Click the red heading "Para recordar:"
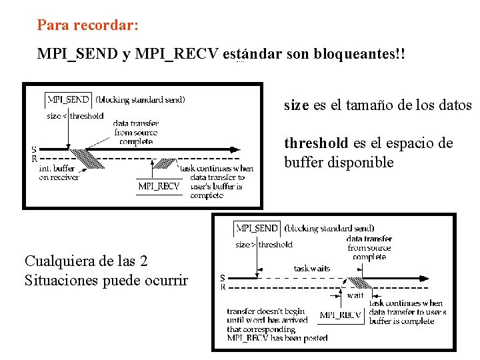(x=88, y=25)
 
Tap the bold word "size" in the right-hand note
(x=296, y=105)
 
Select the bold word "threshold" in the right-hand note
(x=316, y=143)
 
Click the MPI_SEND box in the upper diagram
(x=68, y=100)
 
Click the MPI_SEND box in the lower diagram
(x=258, y=228)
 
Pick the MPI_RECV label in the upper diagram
(x=159, y=187)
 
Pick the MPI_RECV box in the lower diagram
(x=340, y=315)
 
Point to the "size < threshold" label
(x=75, y=116)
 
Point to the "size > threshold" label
(x=264, y=245)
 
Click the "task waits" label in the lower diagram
(x=311, y=269)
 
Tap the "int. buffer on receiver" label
(x=59, y=173)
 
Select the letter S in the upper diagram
(x=34, y=150)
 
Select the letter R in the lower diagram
(x=223, y=287)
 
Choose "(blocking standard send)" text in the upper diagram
(x=140, y=100)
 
